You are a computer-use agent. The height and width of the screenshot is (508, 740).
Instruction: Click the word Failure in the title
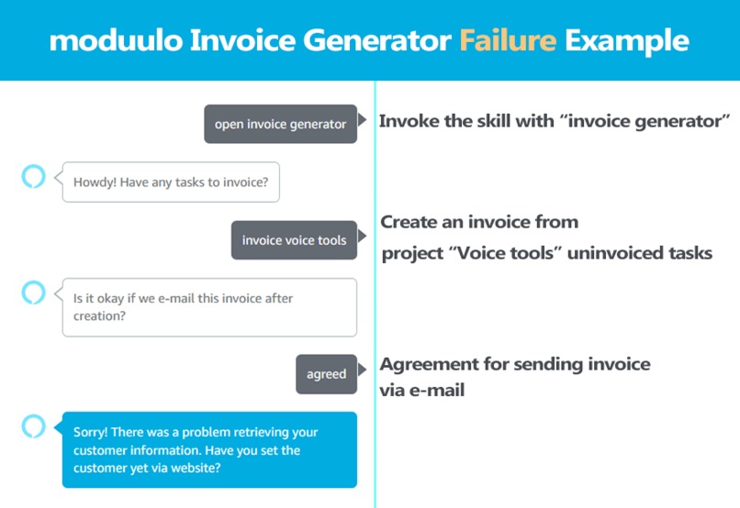[508, 40]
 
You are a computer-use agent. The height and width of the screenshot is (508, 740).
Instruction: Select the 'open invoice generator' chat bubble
[280, 124]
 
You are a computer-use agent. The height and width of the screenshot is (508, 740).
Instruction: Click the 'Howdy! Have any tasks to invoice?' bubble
[171, 182]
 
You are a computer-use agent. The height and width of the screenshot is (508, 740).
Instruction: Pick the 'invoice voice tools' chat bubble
[294, 240]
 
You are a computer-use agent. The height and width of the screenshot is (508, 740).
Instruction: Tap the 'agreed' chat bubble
[326, 374]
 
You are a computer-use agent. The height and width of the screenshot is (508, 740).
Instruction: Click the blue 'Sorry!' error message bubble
[208, 450]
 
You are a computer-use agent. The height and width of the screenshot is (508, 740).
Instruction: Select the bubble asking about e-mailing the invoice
[208, 307]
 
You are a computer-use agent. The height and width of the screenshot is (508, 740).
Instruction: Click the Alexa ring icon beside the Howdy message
[33, 175]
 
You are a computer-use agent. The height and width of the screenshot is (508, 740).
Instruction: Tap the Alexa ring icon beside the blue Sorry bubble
[33, 425]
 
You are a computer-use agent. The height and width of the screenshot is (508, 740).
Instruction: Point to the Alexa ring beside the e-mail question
[33, 293]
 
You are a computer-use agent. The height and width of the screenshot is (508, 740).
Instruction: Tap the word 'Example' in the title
[627, 40]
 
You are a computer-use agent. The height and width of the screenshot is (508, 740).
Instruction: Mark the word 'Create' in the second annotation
[409, 222]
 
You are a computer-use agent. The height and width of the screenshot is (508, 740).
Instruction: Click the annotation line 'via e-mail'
[422, 390]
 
